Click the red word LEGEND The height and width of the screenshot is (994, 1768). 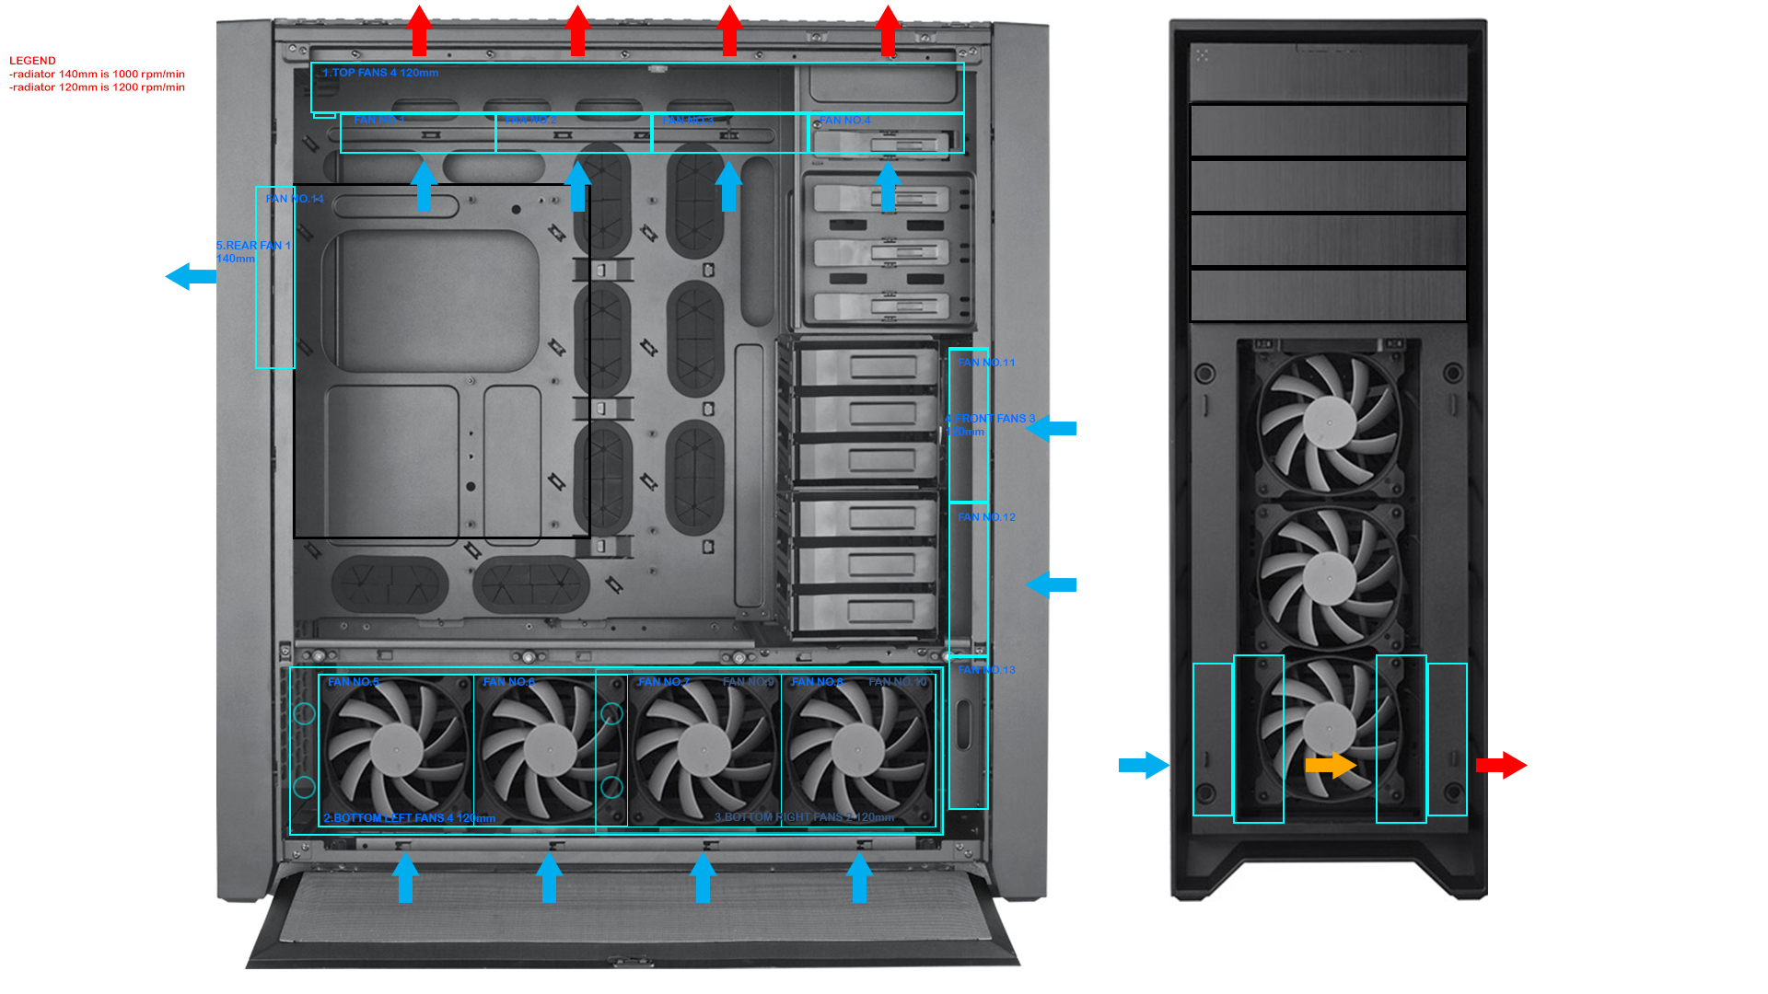point(32,61)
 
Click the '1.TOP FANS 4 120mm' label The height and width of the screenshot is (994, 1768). point(380,73)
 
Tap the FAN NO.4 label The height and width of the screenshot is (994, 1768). point(844,121)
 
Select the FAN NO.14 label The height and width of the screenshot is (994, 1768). point(295,199)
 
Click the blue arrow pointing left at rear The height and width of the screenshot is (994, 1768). point(190,276)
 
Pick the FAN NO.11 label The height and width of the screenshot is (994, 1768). point(986,363)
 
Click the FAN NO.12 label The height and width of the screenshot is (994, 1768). point(986,517)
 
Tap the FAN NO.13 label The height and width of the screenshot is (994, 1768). point(986,670)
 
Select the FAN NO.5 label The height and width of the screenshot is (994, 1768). point(354,682)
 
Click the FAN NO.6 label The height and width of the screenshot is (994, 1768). point(508,682)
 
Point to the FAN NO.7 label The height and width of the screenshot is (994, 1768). point(663,682)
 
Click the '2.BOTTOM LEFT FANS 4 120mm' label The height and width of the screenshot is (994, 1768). point(409,818)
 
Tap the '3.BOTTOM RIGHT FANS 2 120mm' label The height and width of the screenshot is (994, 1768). point(804,817)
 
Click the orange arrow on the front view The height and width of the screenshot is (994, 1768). point(1331,765)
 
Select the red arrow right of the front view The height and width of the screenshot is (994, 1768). point(1501,765)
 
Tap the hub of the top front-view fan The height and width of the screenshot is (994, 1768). point(1329,422)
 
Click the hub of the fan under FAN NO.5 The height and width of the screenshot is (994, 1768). point(396,750)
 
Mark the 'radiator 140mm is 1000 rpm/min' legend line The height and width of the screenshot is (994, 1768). point(98,75)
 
